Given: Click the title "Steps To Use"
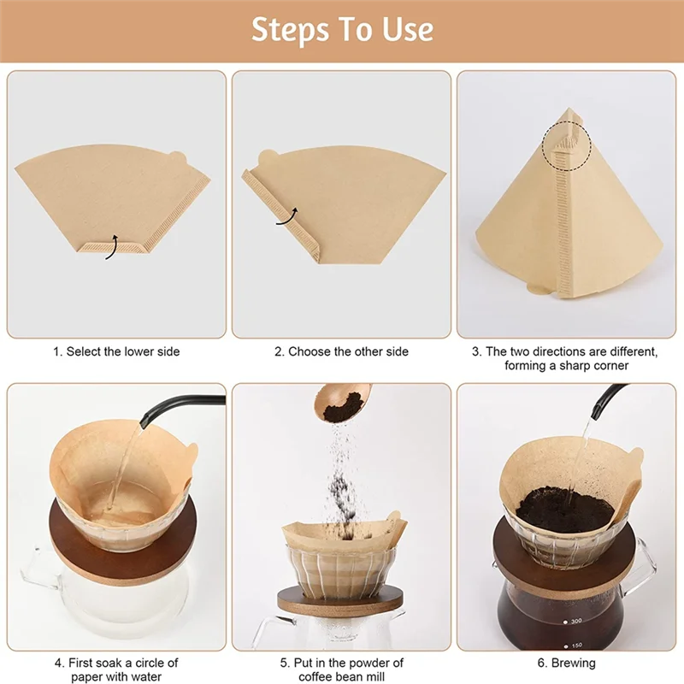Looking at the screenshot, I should [342, 30].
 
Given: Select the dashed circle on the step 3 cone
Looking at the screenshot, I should [566, 139].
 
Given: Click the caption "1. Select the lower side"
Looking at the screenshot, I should [116, 351].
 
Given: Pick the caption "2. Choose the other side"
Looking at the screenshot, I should [341, 351].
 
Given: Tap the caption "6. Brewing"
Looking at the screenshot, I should [567, 663].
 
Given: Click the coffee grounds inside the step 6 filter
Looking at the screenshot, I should [564, 509].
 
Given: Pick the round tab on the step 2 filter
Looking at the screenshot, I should [267, 157].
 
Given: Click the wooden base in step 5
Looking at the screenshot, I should [342, 604].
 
